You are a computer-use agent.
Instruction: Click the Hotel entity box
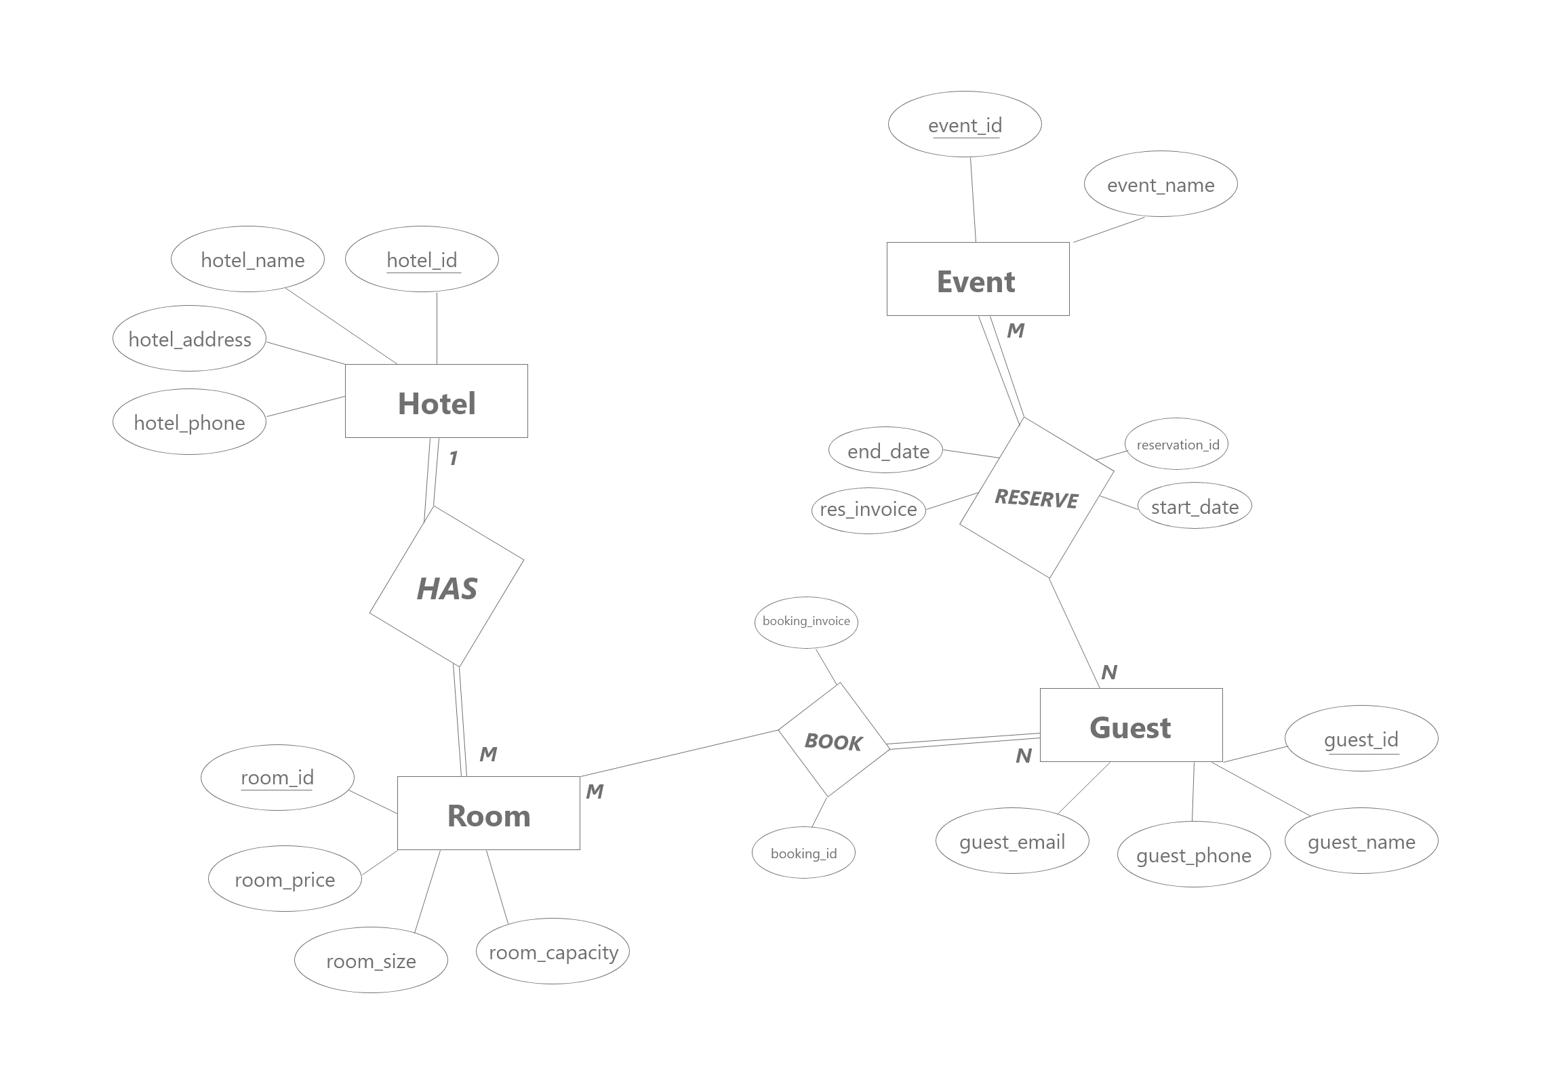tap(436, 401)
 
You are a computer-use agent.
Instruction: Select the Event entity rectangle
tap(978, 279)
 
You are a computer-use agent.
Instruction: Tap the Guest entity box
tap(1131, 725)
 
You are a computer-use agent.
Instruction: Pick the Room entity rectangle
tap(488, 813)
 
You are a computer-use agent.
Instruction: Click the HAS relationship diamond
tap(446, 587)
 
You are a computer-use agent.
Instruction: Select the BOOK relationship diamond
tap(833, 740)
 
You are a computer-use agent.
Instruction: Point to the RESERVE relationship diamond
tap(1036, 498)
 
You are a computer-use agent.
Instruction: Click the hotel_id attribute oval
tap(422, 259)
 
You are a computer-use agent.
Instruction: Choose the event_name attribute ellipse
tap(1161, 184)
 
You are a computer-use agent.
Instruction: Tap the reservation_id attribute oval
tap(1177, 443)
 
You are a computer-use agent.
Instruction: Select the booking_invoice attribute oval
tap(806, 622)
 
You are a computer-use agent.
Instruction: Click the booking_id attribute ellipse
tap(803, 853)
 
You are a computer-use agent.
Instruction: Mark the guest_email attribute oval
tap(1012, 841)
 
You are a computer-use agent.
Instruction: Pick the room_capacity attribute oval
tap(553, 951)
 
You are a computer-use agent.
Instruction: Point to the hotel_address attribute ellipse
tap(189, 338)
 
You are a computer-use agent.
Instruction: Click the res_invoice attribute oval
tap(868, 510)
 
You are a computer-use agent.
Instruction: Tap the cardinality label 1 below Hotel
tap(454, 459)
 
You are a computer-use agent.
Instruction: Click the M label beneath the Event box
tap(1015, 331)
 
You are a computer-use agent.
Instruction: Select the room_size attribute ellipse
tap(371, 960)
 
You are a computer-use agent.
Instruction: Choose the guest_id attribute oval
tap(1361, 738)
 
